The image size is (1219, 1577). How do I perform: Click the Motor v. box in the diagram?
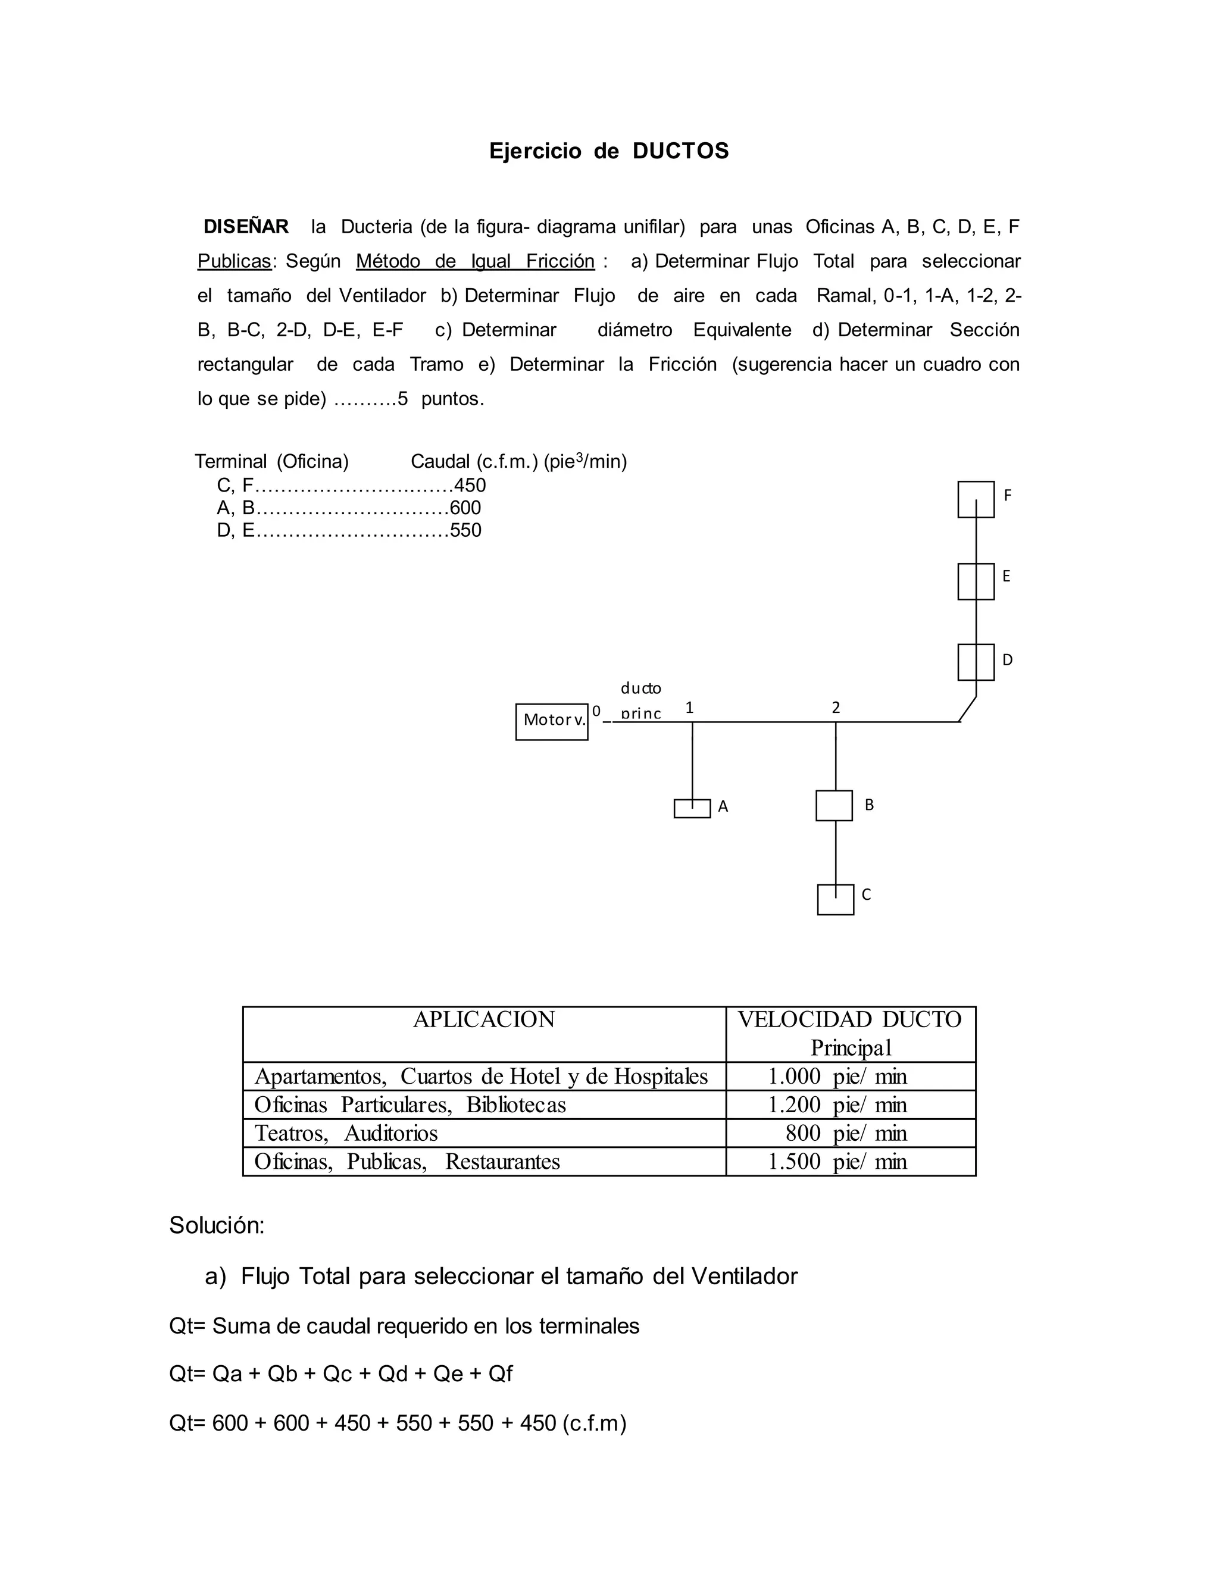(x=552, y=721)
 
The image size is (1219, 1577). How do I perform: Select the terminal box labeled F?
(x=976, y=500)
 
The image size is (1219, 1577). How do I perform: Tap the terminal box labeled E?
(x=976, y=581)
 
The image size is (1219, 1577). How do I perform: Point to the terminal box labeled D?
(x=976, y=662)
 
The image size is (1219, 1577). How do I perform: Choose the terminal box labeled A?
(x=692, y=809)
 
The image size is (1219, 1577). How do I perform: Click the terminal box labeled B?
(x=834, y=806)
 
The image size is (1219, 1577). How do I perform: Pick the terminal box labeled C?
(x=836, y=900)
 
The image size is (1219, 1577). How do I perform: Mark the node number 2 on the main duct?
(x=836, y=708)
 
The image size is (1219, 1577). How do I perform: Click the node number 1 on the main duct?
(x=690, y=708)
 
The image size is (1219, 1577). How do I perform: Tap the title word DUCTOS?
(x=680, y=151)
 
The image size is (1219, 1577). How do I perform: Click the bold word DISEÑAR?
(x=246, y=227)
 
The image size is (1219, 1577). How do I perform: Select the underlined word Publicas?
(x=234, y=261)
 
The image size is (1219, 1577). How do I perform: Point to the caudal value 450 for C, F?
(x=470, y=485)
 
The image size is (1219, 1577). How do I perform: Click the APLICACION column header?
(x=484, y=1019)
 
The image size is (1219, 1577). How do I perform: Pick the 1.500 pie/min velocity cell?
(x=837, y=1162)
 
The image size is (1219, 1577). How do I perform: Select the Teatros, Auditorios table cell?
(x=346, y=1133)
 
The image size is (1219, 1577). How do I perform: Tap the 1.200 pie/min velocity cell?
(x=837, y=1104)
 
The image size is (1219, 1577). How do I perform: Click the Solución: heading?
(x=217, y=1225)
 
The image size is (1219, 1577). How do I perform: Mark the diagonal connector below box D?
(x=968, y=709)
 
